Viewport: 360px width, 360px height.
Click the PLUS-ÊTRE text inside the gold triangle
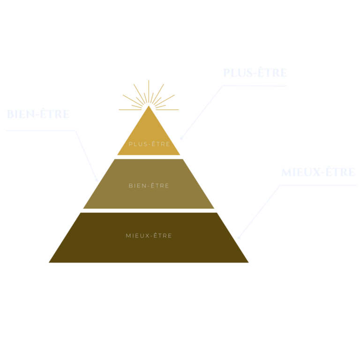pyautogui.click(x=149, y=144)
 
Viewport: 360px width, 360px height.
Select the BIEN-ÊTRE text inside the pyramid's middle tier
pyautogui.click(x=149, y=186)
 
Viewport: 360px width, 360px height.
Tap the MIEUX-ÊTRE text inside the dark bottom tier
pyautogui.click(x=149, y=236)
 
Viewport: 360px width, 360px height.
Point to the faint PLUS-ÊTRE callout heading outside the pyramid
pyautogui.click(x=255, y=73)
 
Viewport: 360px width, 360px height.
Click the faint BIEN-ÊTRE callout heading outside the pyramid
pyautogui.click(x=38, y=114)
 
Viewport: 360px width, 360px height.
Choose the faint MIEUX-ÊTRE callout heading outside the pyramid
pyautogui.click(x=318, y=172)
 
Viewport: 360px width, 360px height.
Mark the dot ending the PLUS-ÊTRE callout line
pyautogui.click(x=181, y=138)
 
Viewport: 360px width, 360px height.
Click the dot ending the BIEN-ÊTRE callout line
pyautogui.click(x=97, y=180)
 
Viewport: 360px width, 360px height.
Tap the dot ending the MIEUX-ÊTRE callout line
pyautogui.click(x=239, y=238)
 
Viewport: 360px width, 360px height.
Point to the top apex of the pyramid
pyautogui.click(x=149, y=106)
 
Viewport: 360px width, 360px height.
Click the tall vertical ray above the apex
pyautogui.click(x=149, y=91)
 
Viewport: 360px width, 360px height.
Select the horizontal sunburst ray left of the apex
pyautogui.click(x=130, y=110)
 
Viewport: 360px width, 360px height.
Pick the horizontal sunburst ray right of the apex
pyautogui.click(x=167, y=110)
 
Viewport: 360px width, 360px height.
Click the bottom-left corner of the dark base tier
pyautogui.click(x=49, y=262)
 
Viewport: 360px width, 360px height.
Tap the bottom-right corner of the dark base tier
pyautogui.click(x=248, y=262)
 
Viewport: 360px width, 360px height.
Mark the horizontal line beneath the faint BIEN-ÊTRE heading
pyautogui.click(x=41, y=131)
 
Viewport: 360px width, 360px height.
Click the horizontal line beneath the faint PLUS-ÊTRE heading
pyautogui.click(x=255, y=86)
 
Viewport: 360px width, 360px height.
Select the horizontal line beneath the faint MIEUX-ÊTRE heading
pyautogui.click(x=318, y=185)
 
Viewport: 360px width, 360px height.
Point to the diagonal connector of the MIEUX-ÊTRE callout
pyautogui.click(x=260, y=211)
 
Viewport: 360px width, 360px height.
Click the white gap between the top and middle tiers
pyautogui.click(x=149, y=157)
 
